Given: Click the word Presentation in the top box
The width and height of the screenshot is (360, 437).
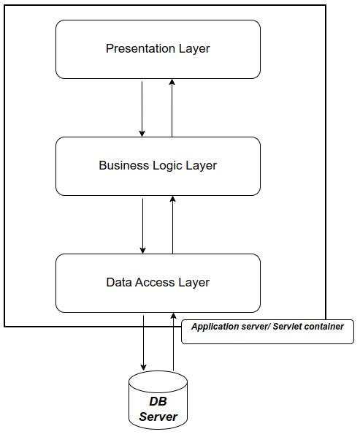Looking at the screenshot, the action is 140,48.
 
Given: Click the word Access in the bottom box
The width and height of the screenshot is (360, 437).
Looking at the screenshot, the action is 155,282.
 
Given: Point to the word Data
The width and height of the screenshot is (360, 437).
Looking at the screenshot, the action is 119,282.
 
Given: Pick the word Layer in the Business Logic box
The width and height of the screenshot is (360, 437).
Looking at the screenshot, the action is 201,166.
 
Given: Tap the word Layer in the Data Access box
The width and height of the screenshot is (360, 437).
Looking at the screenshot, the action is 194,283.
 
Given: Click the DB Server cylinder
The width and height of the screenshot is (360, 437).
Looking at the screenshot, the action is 158,400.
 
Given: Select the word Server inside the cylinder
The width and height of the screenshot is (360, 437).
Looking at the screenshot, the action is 158,417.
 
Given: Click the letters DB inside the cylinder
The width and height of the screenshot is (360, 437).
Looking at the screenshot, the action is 158,401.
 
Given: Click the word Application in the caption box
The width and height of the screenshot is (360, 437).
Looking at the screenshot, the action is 211,327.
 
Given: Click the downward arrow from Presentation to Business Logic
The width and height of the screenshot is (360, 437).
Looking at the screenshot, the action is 142,109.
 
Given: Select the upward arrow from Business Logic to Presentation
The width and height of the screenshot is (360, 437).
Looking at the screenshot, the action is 172,108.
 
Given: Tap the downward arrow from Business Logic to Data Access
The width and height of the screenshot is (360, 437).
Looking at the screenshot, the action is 142,226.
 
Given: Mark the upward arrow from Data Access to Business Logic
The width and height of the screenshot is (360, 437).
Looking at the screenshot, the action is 172,225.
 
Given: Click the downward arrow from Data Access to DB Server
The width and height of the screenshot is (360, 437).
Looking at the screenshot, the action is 143,343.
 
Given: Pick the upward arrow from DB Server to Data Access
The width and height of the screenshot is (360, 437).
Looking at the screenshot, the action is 174,342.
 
